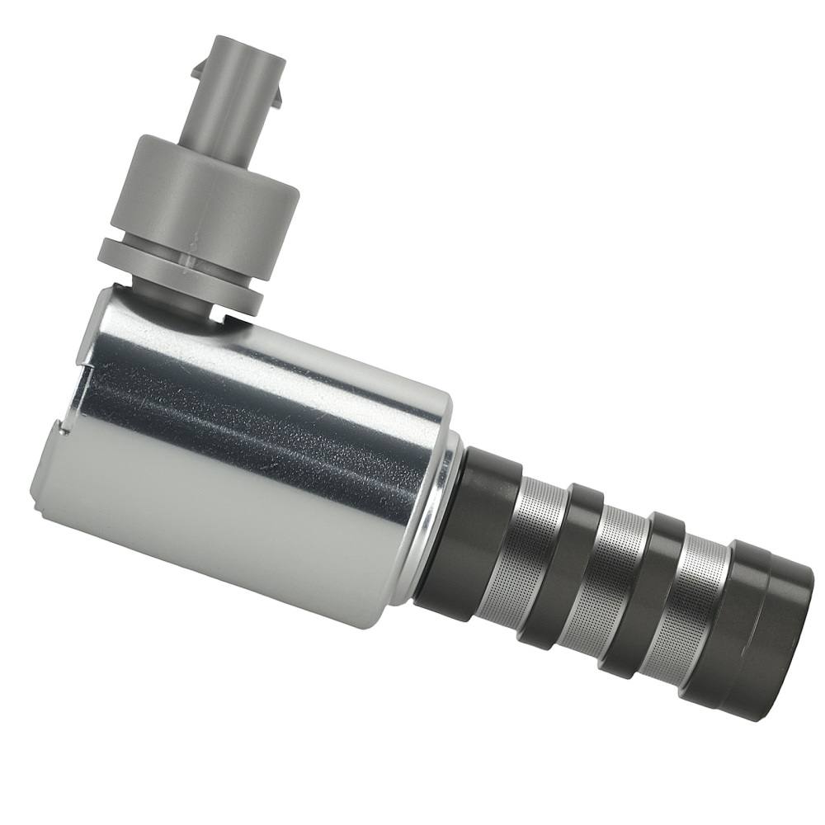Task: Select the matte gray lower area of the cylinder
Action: point(206,528)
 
